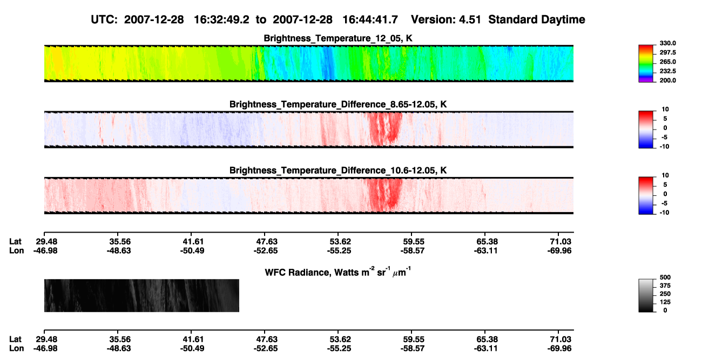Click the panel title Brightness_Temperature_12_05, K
pos(338,38)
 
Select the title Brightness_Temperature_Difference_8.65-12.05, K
pos(338,104)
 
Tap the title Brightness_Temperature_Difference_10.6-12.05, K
pos(338,171)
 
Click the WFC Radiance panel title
pos(338,272)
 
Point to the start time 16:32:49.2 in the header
pos(221,20)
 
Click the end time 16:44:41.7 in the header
pos(370,20)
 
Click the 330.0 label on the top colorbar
pos(667,43)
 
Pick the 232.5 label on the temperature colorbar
pos(667,71)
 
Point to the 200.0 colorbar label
pos(667,80)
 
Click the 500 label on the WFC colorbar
pos(665,277)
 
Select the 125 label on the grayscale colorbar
pos(665,302)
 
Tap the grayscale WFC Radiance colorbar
pos(646,295)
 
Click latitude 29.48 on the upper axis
pos(46,242)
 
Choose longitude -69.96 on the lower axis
pos(559,349)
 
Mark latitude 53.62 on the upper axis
pos(340,242)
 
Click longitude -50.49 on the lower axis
pos(192,349)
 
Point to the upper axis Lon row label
pos(16,250)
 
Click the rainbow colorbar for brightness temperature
pos(646,64)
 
